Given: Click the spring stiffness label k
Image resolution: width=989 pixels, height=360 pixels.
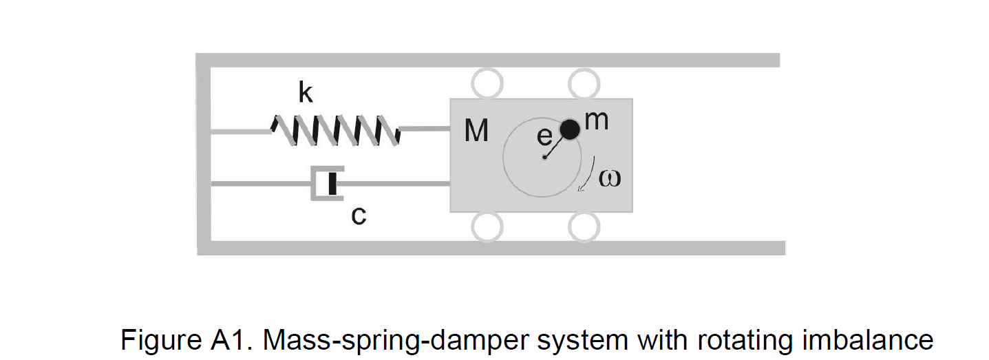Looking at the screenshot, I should (305, 93).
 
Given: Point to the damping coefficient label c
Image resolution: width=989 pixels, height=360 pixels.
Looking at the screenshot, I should (358, 216).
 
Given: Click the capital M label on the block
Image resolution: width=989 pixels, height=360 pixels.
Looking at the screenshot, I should (476, 130).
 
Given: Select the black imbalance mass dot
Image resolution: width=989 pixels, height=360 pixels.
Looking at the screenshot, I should (569, 129).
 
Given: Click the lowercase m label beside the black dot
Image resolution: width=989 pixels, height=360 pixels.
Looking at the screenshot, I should (597, 120).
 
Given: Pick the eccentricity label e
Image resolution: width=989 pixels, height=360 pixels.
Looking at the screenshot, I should (544, 137).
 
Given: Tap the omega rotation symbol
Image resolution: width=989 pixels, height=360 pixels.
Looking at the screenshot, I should (610, 178).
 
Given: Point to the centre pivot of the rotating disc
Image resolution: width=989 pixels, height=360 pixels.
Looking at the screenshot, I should (544, 158).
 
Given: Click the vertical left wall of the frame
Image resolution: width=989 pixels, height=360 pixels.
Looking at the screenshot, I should (203, 155).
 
